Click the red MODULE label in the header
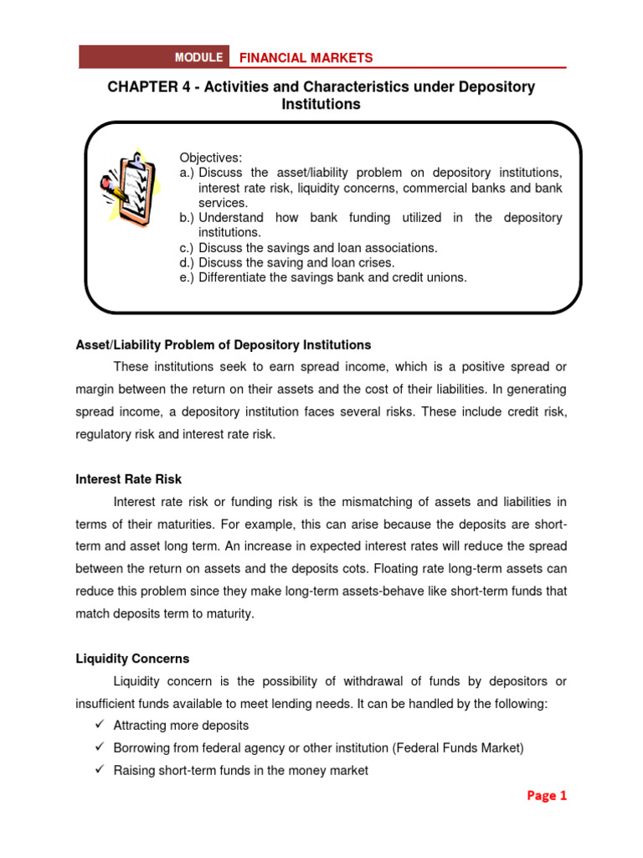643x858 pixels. point(198,57)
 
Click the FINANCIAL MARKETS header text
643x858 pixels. point(306,58)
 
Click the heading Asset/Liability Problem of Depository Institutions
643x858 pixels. point(223,345)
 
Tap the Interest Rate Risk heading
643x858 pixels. point(128,479)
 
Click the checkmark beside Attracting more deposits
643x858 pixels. point(98,725)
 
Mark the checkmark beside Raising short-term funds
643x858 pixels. point(98,770)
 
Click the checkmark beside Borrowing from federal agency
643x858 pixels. point(98,747)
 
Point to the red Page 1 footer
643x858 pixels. point(547,796)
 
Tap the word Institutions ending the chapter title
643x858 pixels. point(321,105)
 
